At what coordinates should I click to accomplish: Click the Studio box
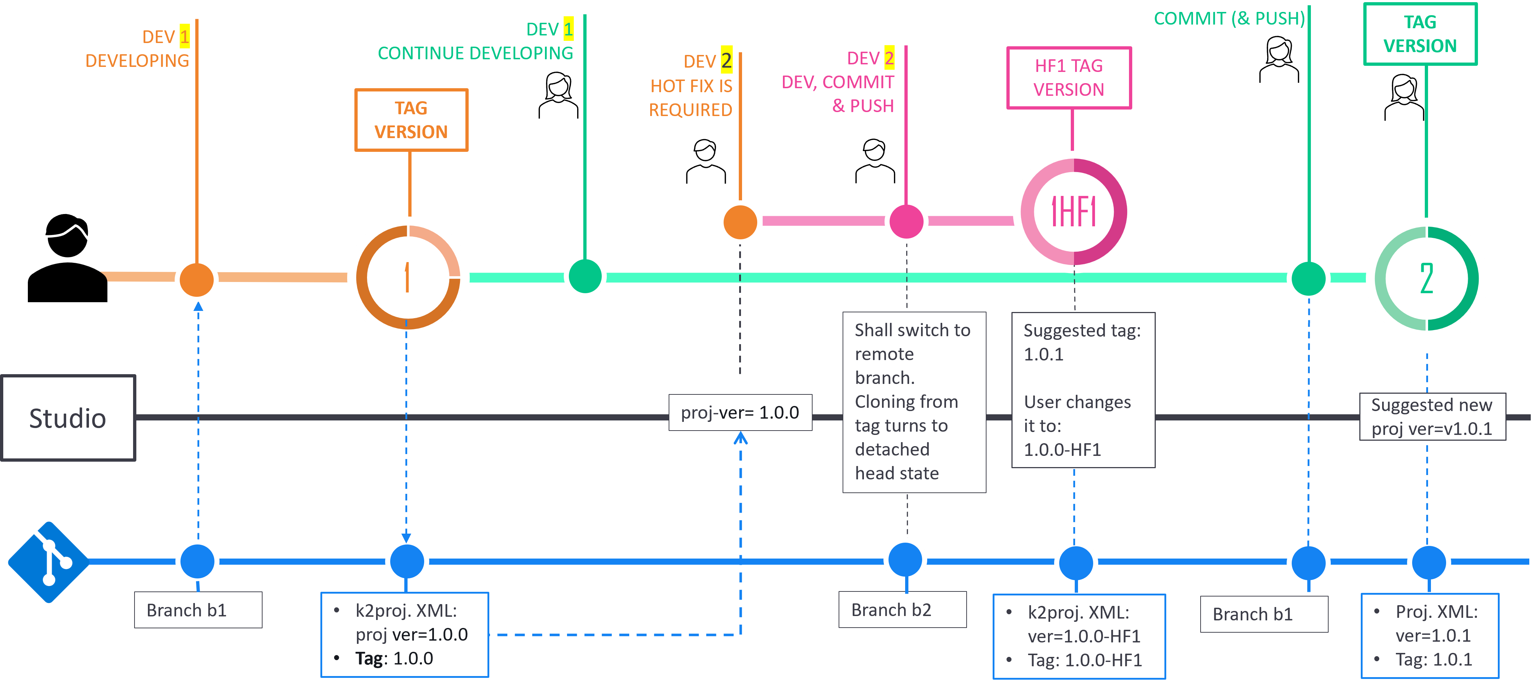click(x=68, y=418)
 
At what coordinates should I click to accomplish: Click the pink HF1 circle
click(x=1074, y=212)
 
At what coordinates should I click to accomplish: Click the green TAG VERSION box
click(x=1420, y=34)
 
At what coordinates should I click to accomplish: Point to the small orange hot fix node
click(x=740, y=222)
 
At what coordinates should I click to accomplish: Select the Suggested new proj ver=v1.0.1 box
click(x=1432, y=417)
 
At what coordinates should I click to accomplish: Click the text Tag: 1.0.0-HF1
click(x=1085, y=660)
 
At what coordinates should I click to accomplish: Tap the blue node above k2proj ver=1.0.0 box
click(x=407, y=561)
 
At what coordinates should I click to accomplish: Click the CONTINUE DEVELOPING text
click(x=475, y=54)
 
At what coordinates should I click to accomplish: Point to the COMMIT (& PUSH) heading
click(x=1228, y=18)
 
